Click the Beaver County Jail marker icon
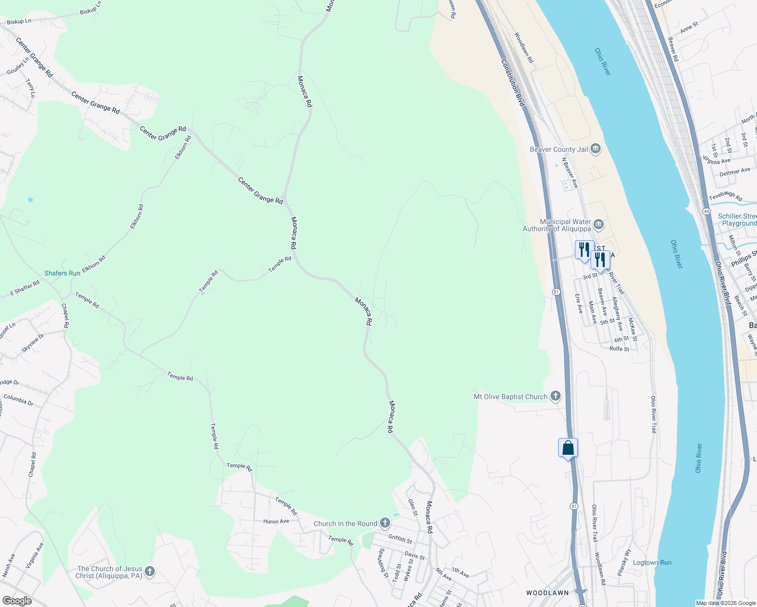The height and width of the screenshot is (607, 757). [595, 149]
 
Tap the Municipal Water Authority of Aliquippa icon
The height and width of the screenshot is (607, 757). [599, 224]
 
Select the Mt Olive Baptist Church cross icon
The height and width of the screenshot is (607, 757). [555, 396]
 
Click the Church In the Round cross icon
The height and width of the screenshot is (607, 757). [385, 523]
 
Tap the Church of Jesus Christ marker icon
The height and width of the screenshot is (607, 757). [149, 572]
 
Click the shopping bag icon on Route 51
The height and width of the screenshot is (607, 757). [568, 448]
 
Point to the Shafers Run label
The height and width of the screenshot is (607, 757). [62, 273]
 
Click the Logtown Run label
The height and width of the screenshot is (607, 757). [652, 562]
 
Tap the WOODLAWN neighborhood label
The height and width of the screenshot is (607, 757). [547, 592]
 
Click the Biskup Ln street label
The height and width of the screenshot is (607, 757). [19, 22]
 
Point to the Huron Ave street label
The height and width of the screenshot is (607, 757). [276, 521]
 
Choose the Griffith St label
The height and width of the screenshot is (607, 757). [400, 539]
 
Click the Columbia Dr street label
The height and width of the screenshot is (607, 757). [18, 400]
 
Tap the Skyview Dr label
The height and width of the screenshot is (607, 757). [33, 342]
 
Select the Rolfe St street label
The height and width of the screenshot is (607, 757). [619, 349]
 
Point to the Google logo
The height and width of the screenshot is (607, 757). [17, 601]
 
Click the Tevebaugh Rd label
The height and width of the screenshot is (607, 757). [725, 196]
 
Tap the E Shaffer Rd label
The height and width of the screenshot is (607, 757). [25, 289]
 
